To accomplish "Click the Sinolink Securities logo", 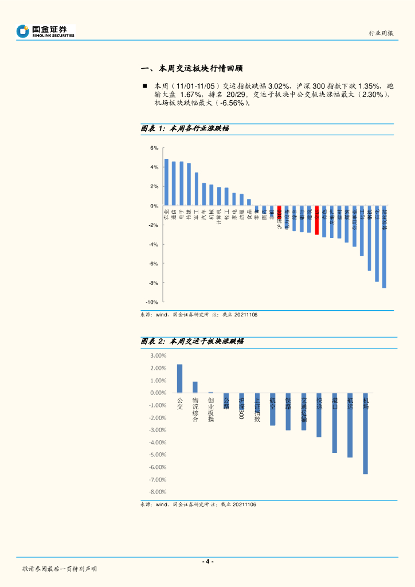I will pyautogui.click(x=45, y=31).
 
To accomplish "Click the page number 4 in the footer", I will pyautogui.click(x=207, y=561).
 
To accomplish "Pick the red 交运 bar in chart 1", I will pyautogui.click(x=316, y=220).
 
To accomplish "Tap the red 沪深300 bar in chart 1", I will pyautogui.click(x=279, y=212).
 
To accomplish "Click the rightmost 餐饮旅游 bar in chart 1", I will pyautogui.click(x=384, y=246).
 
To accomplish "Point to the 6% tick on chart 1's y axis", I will pyautogui.click(x=154, y=148).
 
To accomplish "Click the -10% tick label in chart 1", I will pyautogui.click(x=152, y=302).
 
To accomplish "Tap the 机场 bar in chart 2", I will pyautogui.click(x=365, y=433).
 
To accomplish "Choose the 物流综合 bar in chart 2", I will pyautogui.click(x=195, y=387).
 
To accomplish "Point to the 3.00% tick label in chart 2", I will pyautogui.click(x=158, y=355).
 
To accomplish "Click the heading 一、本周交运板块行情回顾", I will pyautogui.click(x=191, y=68).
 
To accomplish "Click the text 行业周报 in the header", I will pyautogui.click(x=381, y=33).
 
